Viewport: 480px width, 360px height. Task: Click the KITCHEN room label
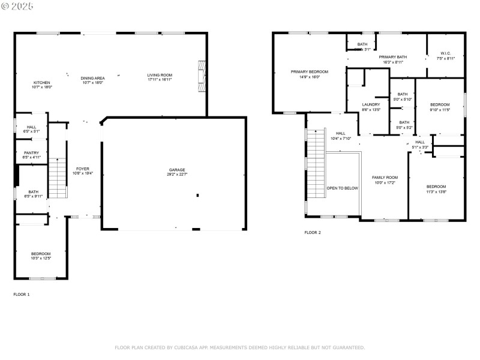[x=42, y=82]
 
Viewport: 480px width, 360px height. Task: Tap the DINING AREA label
[x=93, y=78]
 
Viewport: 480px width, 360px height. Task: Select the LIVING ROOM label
[x=160, y=75]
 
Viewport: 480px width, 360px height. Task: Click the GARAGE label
[x=176, y=170]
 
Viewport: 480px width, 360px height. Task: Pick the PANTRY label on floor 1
[x=31, y=153]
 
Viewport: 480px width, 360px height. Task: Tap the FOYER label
[x=83, y=169]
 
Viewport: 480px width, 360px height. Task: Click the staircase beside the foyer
[x=57, y=178]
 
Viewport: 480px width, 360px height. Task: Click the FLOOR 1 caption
[x=21, y=295]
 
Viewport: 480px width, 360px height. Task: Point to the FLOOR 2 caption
[x=313, y=232]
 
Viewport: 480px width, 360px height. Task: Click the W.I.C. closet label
[x=445, y=53]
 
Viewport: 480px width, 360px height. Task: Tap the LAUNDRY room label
[x=371, y=104]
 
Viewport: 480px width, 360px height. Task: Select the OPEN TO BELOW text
[x=342, y=188]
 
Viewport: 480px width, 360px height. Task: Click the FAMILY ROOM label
[x=385, y=178]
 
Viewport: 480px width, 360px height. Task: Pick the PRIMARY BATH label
[x=393, y=57]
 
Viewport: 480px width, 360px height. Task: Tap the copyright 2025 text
[x=18, y=5]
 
